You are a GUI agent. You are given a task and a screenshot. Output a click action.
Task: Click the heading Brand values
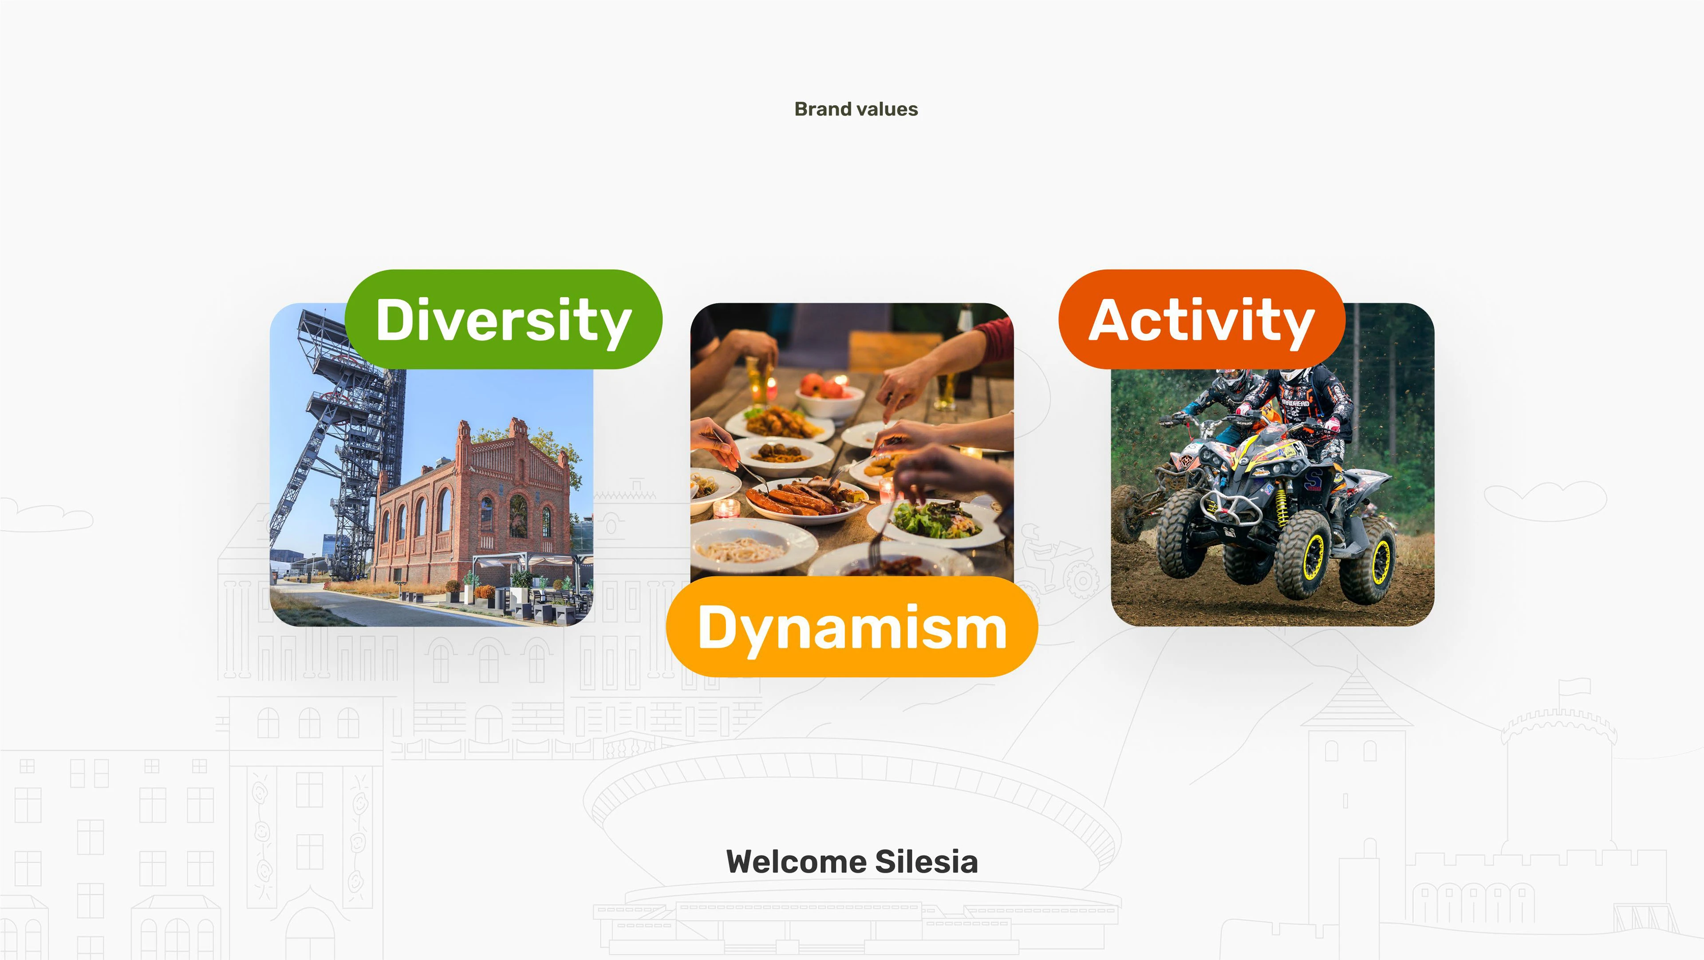856,109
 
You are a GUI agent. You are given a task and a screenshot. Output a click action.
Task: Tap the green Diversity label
503,319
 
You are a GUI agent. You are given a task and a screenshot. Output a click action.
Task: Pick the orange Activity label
1202,319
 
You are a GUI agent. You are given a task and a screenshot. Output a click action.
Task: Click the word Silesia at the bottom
926,861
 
